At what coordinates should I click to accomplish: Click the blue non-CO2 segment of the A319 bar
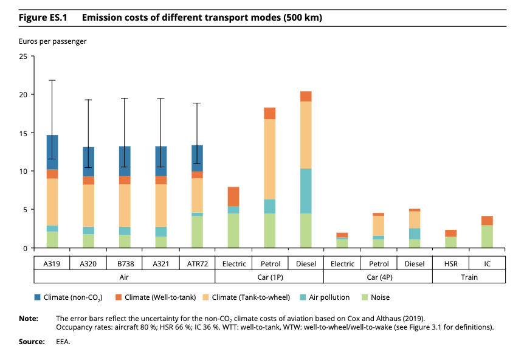pyautogui.click(x=52, y=152)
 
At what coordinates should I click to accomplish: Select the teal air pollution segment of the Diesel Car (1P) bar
pyautogui.click(x=306, y=191)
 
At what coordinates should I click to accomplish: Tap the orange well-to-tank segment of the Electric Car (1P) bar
pyautogui.click(x=233, y=196)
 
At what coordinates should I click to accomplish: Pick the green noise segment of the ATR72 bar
pyautogui.click(x=197, y=232)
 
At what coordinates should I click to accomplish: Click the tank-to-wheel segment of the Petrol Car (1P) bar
pyautogui.click(x=270, y=159)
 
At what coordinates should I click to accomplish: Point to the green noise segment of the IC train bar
pyautogui.click(x=487, y=237)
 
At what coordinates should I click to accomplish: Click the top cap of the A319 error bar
pyautogui.click(x=52, y=80)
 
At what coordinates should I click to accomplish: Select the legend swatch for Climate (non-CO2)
pyautogui.click(x=38, y=297)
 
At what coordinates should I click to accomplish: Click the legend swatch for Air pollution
pyautogui.click(x=303, y=297)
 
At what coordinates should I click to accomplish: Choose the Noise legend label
pyautogui.click(x=381, y=297)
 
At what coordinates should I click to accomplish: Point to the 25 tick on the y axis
pyautogui.click(x=32, y=56)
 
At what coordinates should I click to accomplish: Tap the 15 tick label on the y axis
pyautogui.click(x=23, y=133)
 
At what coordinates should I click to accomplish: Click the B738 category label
pyautogui.click(x=126, y=264)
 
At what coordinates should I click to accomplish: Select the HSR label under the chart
pyautogui.click(x=451, y=264)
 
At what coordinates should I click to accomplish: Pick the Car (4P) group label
pyautogui.click(x=380, y=277)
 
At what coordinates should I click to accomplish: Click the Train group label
pyautogui.click(x=469, y=277)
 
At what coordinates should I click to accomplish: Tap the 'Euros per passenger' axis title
pyautogui.click(x=52, y=41)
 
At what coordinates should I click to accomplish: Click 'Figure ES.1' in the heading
pyautogui.click(x=43, y=18)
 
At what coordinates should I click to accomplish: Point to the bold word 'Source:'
pyautogui.click(x=32, y=342)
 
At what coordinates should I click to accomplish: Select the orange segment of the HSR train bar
pyautogui.click(x=451, y=234)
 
